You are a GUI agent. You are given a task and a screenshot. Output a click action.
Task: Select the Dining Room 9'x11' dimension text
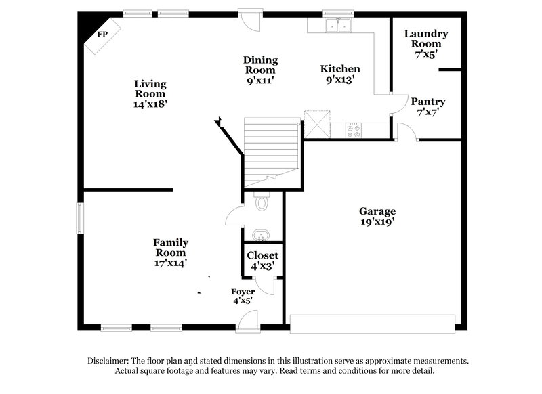click(x=259, y=80)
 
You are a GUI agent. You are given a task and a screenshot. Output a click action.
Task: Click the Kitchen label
click(x=340, y=69)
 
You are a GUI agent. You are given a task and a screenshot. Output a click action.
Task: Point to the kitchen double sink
click(x=337, y=26)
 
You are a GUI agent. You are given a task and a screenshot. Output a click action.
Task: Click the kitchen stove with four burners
click(x=354, y=130)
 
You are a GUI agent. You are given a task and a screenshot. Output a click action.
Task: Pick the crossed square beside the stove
click(x=316, y=125)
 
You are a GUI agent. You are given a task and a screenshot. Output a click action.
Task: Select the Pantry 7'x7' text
click(x=428, y=112)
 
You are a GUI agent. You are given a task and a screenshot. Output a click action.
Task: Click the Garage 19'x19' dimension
click(x=377, y=221)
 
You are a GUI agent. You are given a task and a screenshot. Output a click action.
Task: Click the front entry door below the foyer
click(x=247, y=328)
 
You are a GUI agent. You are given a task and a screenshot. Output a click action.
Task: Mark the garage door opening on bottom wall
click(x=372, y=323)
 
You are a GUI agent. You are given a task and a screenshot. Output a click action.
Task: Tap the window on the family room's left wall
click(x=80, y=217)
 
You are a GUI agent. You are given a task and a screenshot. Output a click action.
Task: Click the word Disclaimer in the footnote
click(x=113, y=361)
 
